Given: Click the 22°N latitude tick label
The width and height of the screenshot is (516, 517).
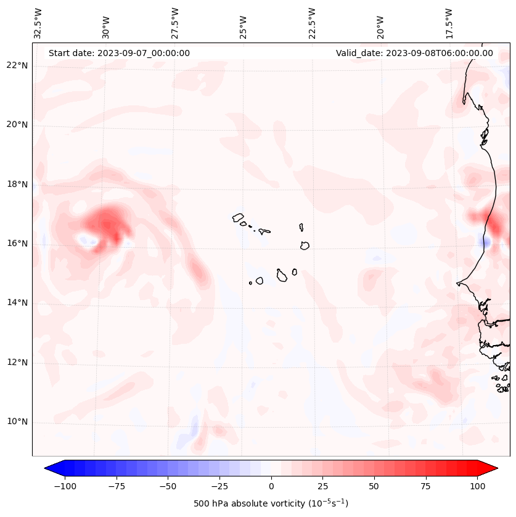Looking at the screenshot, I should pyautogui.click(x=17, y=65).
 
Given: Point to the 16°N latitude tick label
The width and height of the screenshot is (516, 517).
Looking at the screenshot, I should pyautogui.click(x=17, y=243).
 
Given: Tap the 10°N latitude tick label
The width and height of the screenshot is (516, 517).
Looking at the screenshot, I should pyautogui.click(x=17, y=422).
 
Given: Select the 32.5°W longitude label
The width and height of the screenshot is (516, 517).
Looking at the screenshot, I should pyautogui.click(x=38, y=22).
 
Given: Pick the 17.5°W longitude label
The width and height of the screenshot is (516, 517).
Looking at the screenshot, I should pyautogui.click(x=449, y=22).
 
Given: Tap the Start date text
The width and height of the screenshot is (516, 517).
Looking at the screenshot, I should pyautogui.click(x=119, y=53).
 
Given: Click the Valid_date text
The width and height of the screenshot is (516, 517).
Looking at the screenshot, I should pyautogui.click(x=414, y=53).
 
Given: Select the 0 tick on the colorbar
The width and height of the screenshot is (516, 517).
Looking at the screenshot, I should pyautogui.click(x=271, y=486).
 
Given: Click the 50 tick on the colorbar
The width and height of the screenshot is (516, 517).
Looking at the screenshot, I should pyautogui.click(x=374, y=486).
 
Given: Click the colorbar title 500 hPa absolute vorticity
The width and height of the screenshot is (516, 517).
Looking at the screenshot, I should pyautogui.click(x=271, y=503).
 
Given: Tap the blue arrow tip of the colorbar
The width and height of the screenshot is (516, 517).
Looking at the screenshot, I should pyautogui.click(x=47, y=468).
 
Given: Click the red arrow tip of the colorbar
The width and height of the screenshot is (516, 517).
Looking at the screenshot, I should pyautogui.click(x=494, y=468).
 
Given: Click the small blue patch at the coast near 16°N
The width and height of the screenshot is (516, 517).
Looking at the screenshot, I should pyautogui.click(x=485, y=243).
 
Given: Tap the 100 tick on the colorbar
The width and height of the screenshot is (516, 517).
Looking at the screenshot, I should pyautogui.click(x=477, y=486).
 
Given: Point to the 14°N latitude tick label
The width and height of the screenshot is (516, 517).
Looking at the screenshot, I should pyautogui.click(x=17, y=303).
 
